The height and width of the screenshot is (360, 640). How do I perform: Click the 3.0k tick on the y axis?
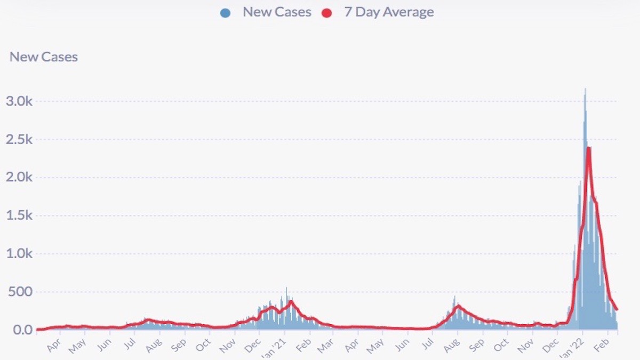click(20, 101)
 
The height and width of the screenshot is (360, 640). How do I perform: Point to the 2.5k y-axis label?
click(20, 140)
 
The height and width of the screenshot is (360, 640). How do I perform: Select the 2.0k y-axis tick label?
click(20, 178)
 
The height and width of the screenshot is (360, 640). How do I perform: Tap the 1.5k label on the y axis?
click(20, 216)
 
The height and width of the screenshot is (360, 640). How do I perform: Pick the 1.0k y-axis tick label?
click(20, 254)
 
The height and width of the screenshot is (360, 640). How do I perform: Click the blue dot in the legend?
click(225, 13)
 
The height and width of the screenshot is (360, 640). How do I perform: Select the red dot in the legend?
click(326, 13)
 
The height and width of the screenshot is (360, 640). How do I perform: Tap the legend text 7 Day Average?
click(389, 12)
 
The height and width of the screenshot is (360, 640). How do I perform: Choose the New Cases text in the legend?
click(277, 12)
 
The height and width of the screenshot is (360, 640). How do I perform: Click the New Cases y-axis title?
click(44, 57)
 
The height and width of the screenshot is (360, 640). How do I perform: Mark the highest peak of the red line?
click(588, 148)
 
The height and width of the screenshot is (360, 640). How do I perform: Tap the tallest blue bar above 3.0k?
click(585, 90)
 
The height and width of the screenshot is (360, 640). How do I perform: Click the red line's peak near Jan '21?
click(291, 301)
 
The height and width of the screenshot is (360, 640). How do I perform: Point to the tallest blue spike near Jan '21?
click(286, 289)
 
